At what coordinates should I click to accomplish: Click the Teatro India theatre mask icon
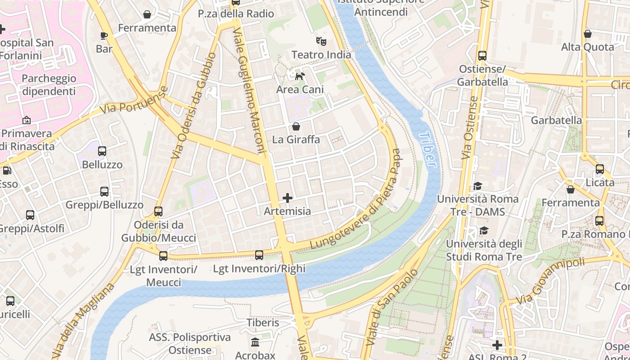321,41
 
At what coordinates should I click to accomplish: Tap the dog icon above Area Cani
300,76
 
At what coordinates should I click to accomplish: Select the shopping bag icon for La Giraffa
296,126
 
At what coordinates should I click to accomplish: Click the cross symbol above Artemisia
288,198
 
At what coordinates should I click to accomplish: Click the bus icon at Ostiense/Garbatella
482,56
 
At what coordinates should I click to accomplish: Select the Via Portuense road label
134,100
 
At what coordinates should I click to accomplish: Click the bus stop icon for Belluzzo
102,151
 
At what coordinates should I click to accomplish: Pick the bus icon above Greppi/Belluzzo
104,192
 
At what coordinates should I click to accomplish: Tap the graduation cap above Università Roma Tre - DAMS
477,186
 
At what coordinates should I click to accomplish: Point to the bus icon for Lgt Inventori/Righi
259,255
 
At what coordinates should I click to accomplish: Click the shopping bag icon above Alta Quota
587,34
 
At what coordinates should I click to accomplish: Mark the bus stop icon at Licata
600,169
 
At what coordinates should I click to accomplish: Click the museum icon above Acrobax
255,342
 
